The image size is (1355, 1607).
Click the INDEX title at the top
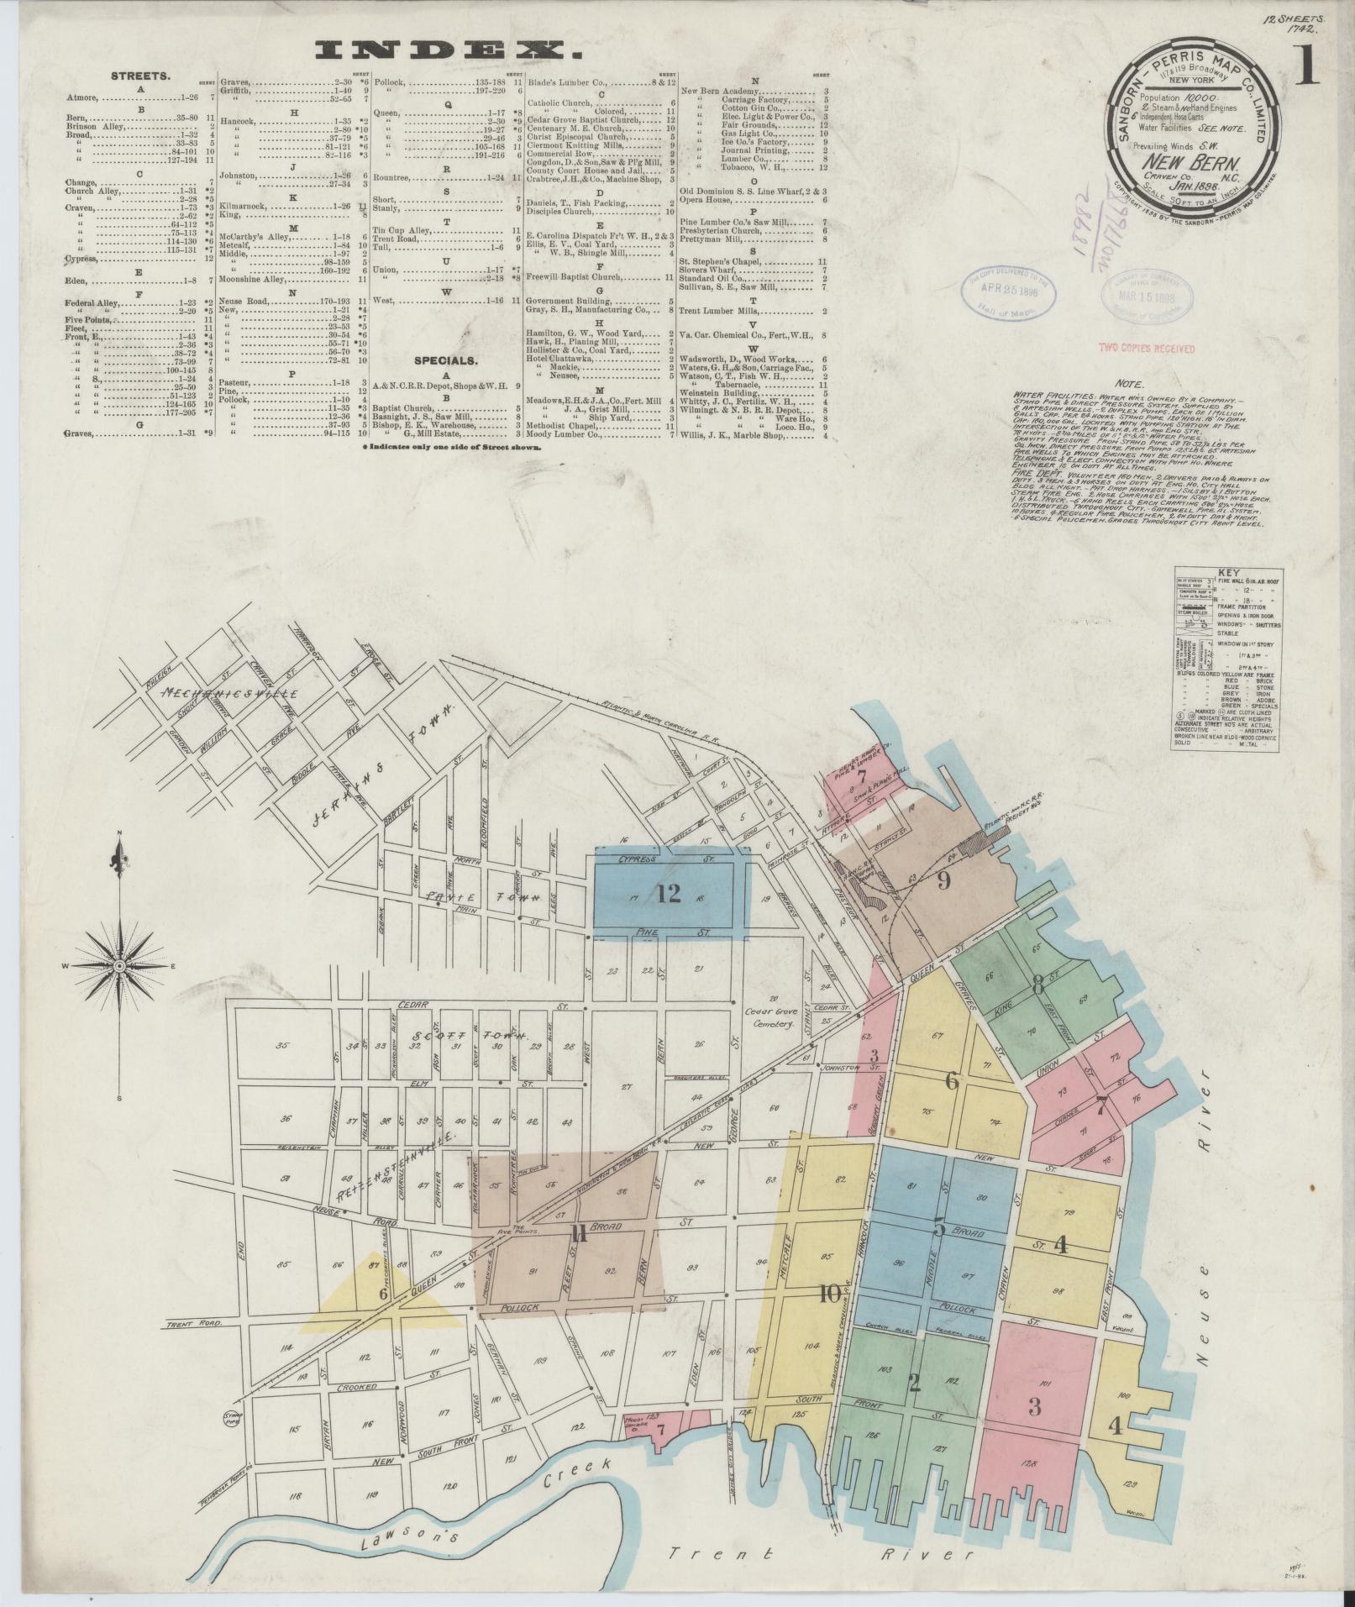(449, 50)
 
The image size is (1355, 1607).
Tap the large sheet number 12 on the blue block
(669, 894)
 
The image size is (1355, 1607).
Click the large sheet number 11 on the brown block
(577, 1233)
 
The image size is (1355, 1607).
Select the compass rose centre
(119, 967)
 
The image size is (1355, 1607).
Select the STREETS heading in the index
(141, 76)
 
